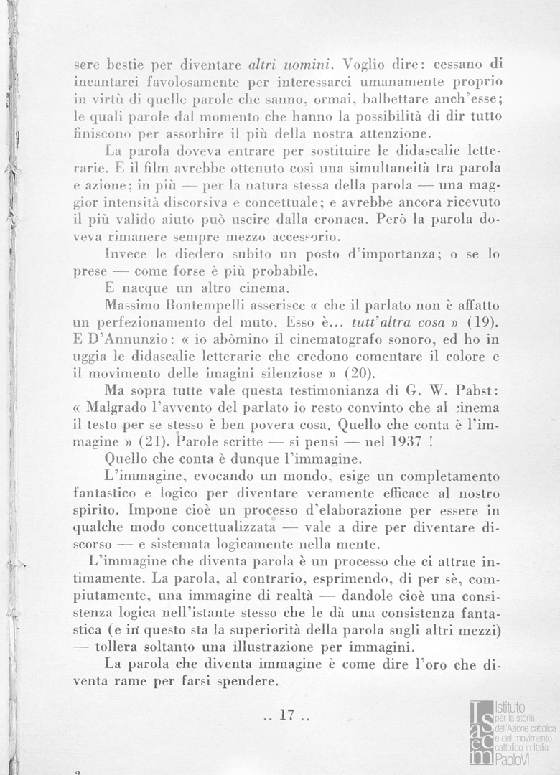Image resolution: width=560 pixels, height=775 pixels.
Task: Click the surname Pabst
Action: pos(467,391)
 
